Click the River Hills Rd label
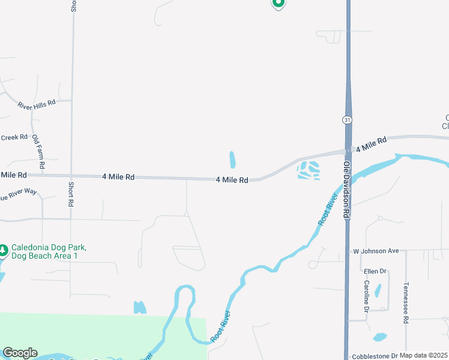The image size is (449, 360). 37,103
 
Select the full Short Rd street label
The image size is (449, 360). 71,194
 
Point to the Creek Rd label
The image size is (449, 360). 14,137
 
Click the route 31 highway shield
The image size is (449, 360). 348,120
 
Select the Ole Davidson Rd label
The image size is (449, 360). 346,188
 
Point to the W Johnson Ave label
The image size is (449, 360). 376,251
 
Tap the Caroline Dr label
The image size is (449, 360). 365,296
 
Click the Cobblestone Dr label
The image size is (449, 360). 375,356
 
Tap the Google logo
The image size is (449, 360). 20,353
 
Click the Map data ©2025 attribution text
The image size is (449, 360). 424,356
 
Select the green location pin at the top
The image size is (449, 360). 278,3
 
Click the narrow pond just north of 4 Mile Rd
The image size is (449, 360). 232,160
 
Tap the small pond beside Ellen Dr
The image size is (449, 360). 378,290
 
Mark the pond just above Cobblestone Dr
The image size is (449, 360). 379,337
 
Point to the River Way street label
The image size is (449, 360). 19,194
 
